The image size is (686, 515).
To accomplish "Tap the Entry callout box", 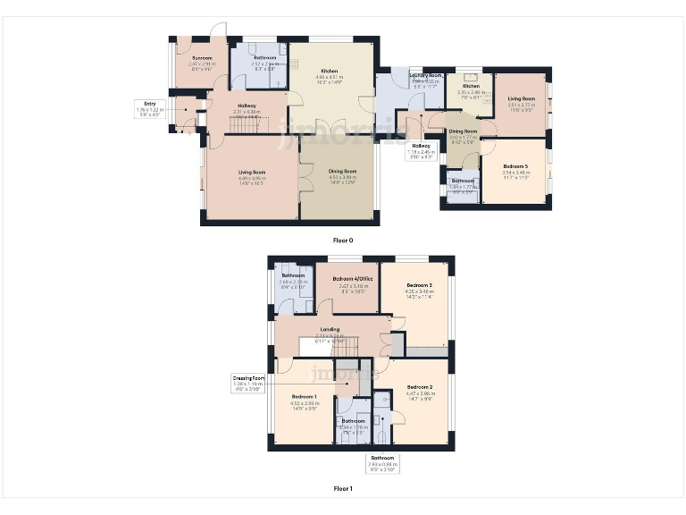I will click(149, 109).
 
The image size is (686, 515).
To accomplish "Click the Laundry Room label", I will click(426, 76).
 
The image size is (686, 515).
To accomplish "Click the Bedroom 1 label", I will click(304, 397).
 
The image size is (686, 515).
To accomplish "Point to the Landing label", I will click(330, 329).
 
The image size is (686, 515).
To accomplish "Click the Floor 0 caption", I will click(343, 240).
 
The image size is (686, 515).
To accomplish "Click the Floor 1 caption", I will click(343, 489).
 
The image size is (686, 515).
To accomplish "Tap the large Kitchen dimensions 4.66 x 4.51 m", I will click(329, 77).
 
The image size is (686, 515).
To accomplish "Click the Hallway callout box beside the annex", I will click(421, 149).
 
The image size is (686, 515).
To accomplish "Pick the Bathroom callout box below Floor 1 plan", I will click(382, 461).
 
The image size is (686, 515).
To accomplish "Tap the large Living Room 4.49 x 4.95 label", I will click(252, 177).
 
